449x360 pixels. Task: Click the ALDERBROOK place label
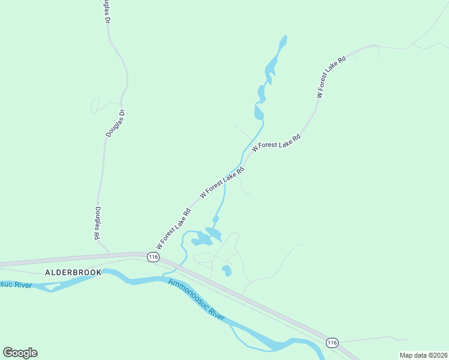[70, 272]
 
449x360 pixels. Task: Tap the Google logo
[20, 353]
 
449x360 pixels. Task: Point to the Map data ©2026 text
[423, 355]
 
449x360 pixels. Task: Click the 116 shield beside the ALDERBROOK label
[153, 257]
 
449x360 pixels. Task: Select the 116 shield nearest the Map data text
[332, 342]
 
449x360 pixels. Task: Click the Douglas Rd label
[97, 223]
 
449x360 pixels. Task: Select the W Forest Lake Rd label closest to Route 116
[173, 229]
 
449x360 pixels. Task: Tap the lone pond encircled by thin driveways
[226, 271]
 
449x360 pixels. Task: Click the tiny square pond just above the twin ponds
[215, 220]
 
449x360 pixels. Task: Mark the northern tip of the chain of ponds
[284, 37]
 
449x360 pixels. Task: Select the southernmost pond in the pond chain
[259, 113]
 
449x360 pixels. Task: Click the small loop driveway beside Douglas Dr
[95, 106]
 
